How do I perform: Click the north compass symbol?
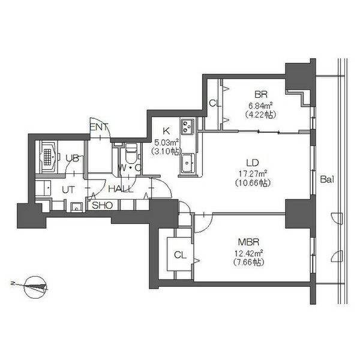[35, 287]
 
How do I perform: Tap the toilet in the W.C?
[131, 152]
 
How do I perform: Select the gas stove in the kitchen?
[188, 127]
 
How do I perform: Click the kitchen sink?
[188, 163]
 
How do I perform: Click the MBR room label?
[248, 242]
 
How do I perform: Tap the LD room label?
[253, 163]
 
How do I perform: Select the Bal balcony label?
[327, 179]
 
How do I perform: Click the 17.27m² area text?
[253, 173]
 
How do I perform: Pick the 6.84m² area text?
[260, 106]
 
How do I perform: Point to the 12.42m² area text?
[248, 253]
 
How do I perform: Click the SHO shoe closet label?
[102, 205]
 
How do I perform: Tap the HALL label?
[121, 189]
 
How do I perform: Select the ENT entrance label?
[99, 127]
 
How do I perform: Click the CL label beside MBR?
[180, 255]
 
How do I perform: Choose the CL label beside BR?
[215, 104]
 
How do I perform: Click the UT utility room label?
[68, 190]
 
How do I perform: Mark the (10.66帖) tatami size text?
[253, 183]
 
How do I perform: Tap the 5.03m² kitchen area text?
[167, 143]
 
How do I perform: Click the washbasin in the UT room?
[76, 208]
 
